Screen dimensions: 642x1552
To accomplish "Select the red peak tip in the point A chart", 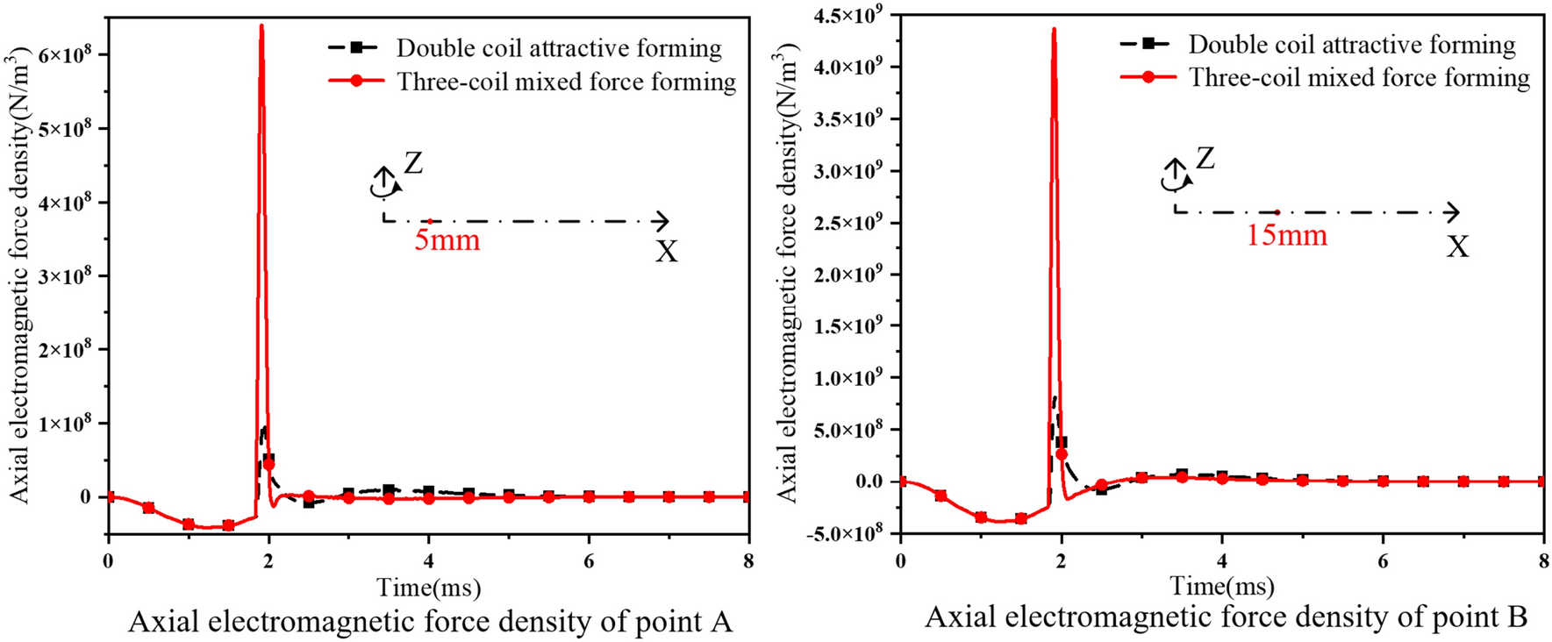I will (x=261, y=26).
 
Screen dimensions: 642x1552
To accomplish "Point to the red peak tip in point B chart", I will (x=1054, y=30).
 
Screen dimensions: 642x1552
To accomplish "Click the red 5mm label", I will (x=447, y=240).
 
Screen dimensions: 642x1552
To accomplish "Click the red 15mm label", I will (x=1286, y=235).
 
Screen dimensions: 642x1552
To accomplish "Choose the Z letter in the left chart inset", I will (x=413, y=163).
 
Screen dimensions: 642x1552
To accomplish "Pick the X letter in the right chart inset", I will (x=1457, y=247).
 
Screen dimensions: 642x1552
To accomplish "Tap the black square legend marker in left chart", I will (x=356, y=47).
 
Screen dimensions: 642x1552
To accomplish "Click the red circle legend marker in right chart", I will (x=1148, y=77).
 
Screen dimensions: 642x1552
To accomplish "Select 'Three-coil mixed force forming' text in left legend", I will (x=567, y=82).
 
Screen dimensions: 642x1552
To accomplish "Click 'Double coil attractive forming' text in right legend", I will (x=1352, y=45).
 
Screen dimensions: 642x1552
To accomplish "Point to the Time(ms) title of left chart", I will (x=429, y=587).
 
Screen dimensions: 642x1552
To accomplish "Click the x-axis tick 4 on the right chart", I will (x=1222, y=560).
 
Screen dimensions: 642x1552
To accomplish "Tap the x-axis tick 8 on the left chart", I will (x=747, y=560).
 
